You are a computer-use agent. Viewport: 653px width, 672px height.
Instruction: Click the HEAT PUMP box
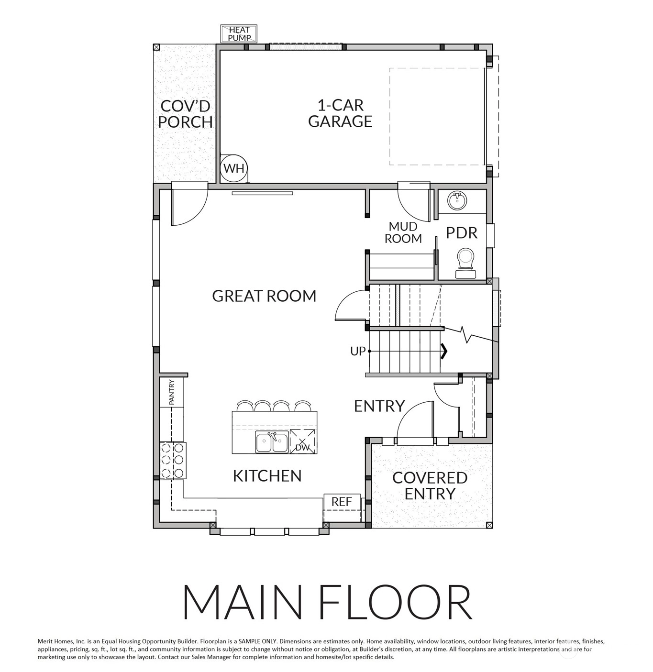tap(239, 33)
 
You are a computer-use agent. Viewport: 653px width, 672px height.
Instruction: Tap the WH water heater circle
tap(234, 168)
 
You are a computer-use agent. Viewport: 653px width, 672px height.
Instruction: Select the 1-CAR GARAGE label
tap(340, 113)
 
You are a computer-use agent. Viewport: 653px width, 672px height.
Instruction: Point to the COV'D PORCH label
tap(185, 114)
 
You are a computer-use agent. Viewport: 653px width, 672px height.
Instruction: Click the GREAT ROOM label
tap(264, 296)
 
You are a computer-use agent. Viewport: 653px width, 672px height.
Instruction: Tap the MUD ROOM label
tap(403, 232)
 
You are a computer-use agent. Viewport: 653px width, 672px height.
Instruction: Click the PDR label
tap(461, 233)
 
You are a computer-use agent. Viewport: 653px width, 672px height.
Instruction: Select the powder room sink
tap(457, 200)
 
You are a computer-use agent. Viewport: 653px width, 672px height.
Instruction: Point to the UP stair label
tap(358, 351)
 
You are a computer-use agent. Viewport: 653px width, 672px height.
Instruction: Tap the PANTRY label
tap(171, 392)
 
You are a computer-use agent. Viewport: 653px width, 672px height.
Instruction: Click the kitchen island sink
tap(272, 441)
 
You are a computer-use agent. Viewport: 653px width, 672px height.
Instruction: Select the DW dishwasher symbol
tap(302, 441)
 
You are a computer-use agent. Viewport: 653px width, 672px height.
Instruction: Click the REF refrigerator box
tap(342, 501)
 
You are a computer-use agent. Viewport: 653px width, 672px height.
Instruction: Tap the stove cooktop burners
tap(173, 460)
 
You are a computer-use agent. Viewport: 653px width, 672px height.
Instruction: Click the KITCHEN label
tap(267, 476)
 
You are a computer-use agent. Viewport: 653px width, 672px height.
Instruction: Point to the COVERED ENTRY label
tap(430, 485)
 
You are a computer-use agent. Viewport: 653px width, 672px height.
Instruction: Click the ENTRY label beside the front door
tap(379, 406)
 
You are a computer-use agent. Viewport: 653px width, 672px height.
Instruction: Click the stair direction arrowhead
tap(444, 351)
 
